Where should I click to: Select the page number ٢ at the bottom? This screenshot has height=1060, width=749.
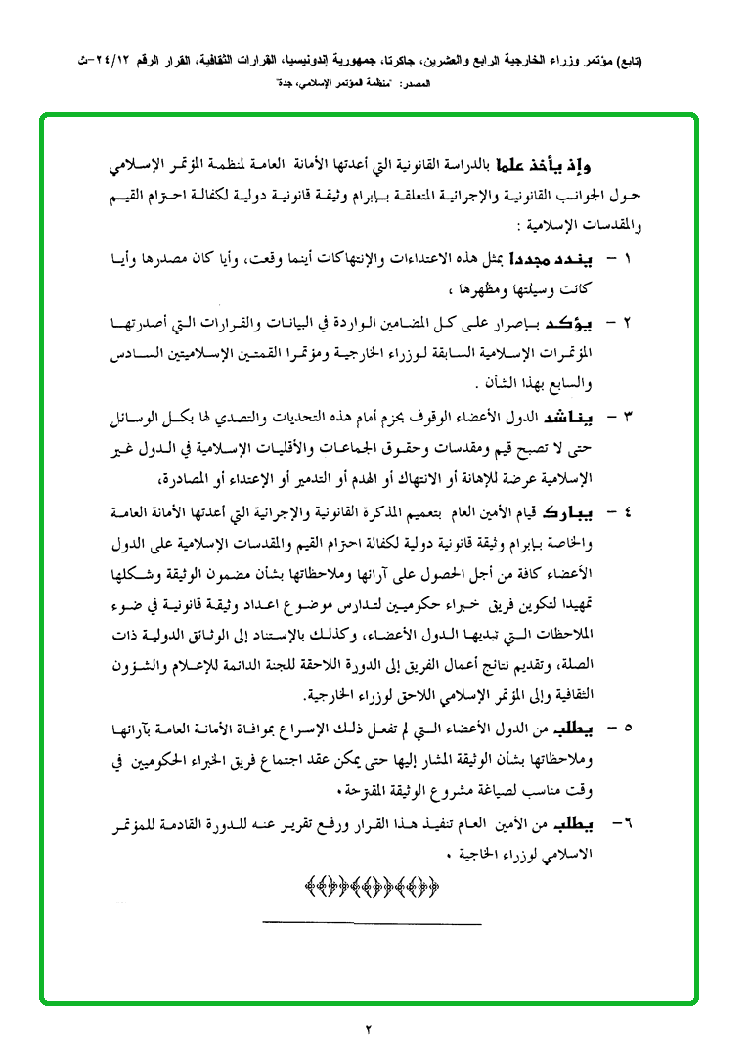coord(370,1028)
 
